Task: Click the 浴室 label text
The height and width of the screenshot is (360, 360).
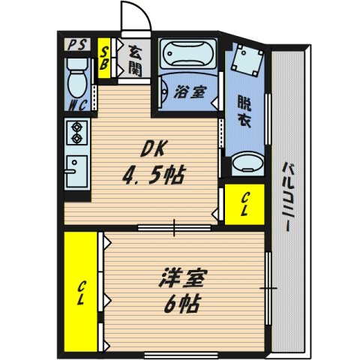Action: point(188,92)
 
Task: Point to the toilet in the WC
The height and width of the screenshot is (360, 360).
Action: point(76,78)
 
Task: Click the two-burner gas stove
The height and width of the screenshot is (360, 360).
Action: point(76,134)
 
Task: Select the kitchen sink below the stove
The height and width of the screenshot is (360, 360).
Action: point(76,171)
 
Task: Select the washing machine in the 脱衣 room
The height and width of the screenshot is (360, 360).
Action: point(247,60)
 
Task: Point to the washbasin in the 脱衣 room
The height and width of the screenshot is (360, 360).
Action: point(246,163)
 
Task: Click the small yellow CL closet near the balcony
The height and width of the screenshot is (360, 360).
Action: point(244,204)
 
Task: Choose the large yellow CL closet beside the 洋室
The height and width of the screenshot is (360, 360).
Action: point(82,291)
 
